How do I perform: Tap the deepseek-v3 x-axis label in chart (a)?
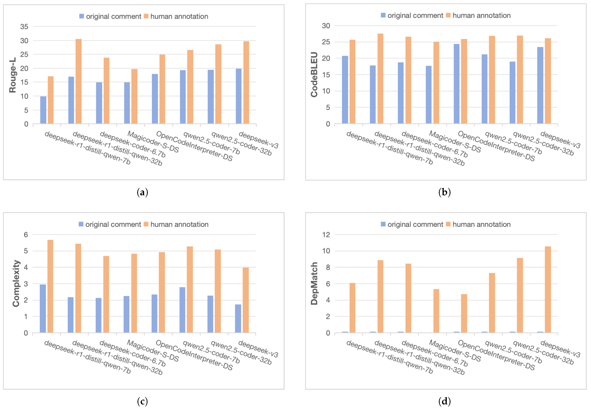(258, 140)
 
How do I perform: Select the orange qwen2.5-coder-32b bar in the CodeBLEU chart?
(520, 80)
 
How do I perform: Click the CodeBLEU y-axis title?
(314, 75)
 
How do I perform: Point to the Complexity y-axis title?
(16, 283)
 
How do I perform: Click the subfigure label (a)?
(142, 192)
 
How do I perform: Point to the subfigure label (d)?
(444, 401)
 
